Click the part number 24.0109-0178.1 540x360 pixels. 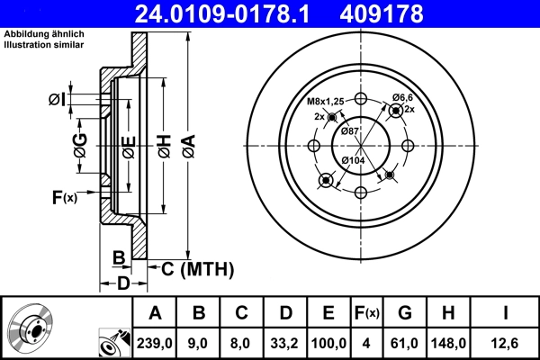point(233,13)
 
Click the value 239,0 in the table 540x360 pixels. point(155,343)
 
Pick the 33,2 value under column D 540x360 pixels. point(284,343)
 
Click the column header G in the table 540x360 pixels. point(404,313)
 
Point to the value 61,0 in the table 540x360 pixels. point(404,343)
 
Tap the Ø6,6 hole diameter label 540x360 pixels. point(403,97)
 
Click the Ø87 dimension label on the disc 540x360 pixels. point(349,131)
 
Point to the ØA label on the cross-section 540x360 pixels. point(188,147)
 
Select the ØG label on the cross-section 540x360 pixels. point(79,147)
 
